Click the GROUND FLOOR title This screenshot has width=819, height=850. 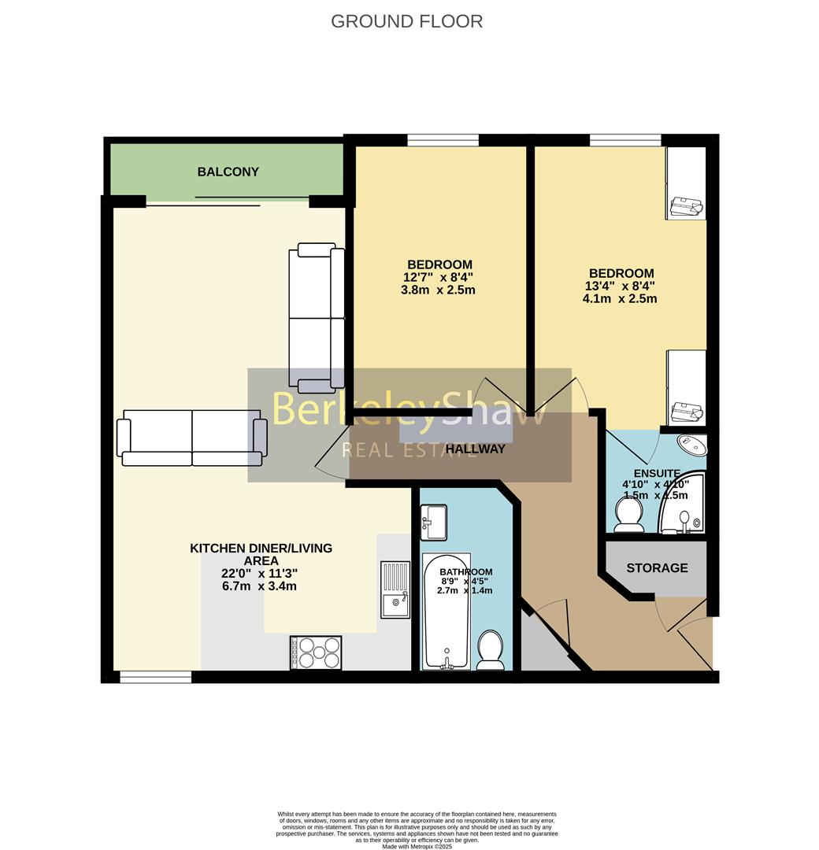[406, 21]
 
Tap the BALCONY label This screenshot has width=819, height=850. [228, 172]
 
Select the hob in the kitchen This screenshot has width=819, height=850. [316, 652]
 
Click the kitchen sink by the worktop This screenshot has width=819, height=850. [395, 589]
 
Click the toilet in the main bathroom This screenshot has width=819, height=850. [491, 650]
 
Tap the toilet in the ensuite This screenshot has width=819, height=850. [628, 516]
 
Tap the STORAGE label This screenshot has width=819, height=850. [657, 567]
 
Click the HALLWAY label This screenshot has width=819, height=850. [475, 449]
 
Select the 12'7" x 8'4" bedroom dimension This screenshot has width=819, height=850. [439, 277]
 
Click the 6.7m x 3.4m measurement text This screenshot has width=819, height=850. [260, 586]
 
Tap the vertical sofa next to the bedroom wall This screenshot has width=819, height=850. [317, 318]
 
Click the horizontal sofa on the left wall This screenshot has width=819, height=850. [191, 437]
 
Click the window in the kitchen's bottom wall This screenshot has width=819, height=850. [155, 676]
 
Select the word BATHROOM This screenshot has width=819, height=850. [465, 572]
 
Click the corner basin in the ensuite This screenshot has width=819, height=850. [691, 445]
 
